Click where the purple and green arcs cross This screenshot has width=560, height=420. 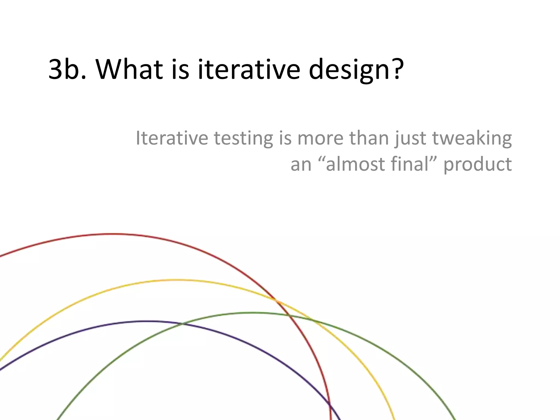182,324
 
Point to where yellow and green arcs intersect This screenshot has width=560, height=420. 311,319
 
